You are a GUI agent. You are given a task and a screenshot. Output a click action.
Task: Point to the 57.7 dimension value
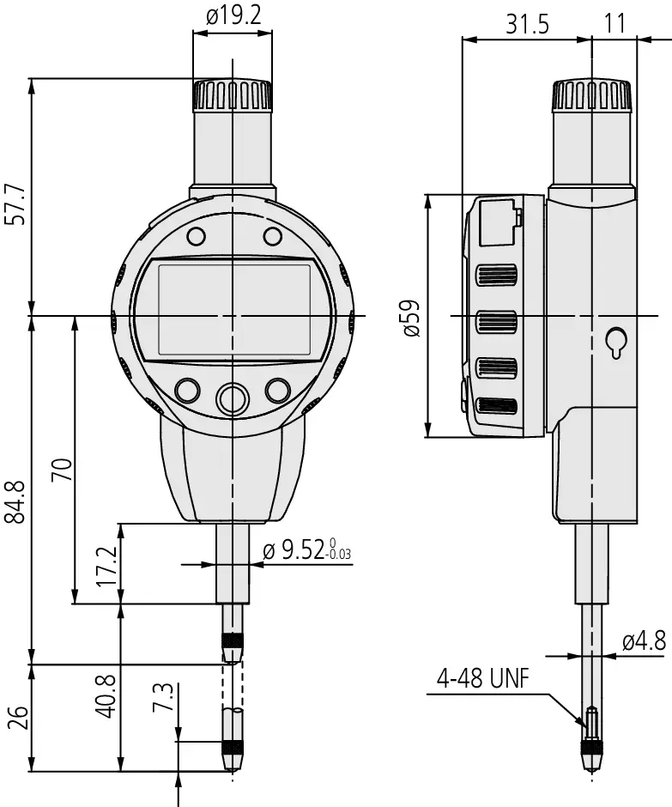click(x=15, y=204)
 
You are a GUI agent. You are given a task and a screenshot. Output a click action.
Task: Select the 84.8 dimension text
click(x=15, y=502)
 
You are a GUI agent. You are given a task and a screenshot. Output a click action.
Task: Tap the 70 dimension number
click(x=63, y=470)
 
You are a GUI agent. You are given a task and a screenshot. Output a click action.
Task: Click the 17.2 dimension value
click(x=107, y=566)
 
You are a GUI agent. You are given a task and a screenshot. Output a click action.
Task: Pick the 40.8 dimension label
click(x=107, y=696)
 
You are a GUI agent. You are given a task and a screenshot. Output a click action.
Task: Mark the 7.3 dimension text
click(x=162, y=697)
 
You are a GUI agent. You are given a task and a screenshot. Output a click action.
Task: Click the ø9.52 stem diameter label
click(x=307, y=550)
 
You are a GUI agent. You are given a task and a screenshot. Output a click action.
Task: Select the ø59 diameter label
click(x=412, y=318)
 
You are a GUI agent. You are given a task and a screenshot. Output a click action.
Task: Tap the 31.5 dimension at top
click(x=528, y=24)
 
